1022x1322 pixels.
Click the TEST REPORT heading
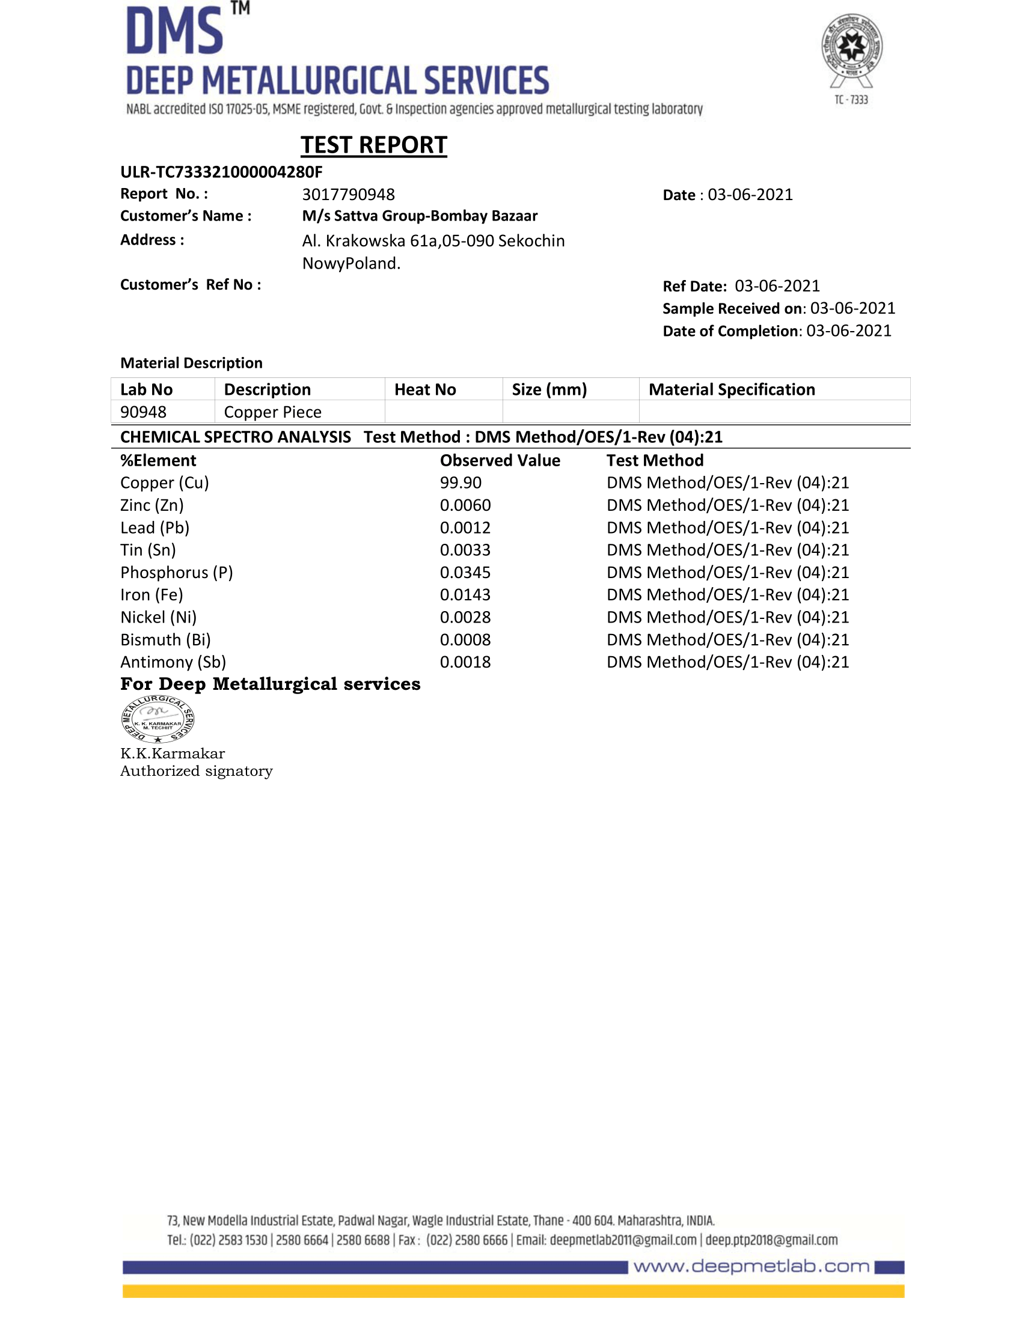373,145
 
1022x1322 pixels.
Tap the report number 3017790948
348,194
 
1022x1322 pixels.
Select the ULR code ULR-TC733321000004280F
221,172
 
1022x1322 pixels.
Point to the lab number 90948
143,412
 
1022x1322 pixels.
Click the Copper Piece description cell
272,412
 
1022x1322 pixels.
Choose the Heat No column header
425,389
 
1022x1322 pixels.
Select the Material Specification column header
732,389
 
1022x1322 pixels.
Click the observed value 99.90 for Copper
461,483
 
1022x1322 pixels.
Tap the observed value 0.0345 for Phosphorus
465,572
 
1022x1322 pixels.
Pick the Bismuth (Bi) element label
165,640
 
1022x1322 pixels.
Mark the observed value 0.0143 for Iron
465,594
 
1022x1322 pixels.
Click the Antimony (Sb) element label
173,662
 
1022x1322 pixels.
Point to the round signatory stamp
158,719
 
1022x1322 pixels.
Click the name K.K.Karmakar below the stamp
173,754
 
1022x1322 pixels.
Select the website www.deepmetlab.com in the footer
751,1267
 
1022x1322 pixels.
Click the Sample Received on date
852,308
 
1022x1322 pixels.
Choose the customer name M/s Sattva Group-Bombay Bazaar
420,216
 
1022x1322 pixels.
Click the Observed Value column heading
500,461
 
